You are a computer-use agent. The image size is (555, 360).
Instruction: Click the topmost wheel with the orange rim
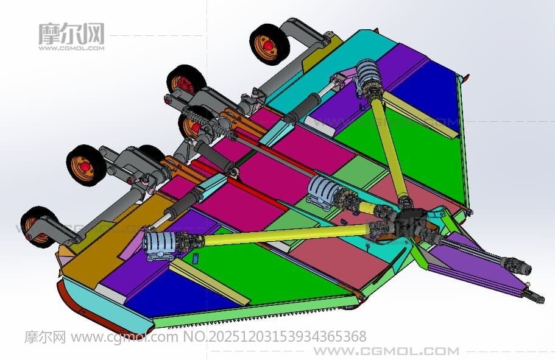point(269,44)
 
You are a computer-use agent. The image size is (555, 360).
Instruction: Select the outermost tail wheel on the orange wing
point(38,227)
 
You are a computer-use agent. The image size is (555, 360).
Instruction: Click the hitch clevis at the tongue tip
point(535,295)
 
